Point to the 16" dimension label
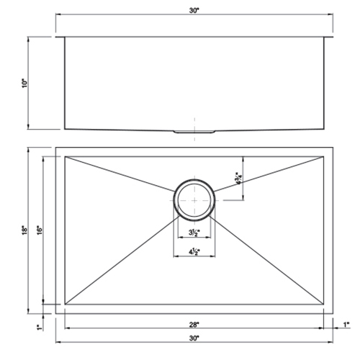tap(44, 229)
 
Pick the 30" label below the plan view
tap(194, 338)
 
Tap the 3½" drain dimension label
tap(193, 233)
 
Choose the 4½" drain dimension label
tap(193, 251)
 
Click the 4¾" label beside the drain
tap(237, 177)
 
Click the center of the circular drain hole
tap(193, 196)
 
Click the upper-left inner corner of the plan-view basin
tap(66, 158)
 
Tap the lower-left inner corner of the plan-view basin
tap(66, 305)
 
